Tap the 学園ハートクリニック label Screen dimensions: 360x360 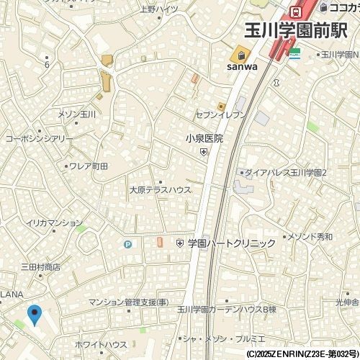[231, 243]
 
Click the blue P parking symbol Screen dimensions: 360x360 [128, 244]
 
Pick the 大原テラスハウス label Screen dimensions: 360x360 [160, 191]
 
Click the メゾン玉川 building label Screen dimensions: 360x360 [77, 114]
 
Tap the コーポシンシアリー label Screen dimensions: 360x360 [39, 138]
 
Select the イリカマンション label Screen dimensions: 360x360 [55, 223]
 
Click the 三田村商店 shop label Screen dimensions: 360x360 [40, 266]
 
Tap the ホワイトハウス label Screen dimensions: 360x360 [101, 345]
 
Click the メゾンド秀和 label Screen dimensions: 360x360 [310, 236]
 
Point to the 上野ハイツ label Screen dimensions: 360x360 [159, 9]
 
